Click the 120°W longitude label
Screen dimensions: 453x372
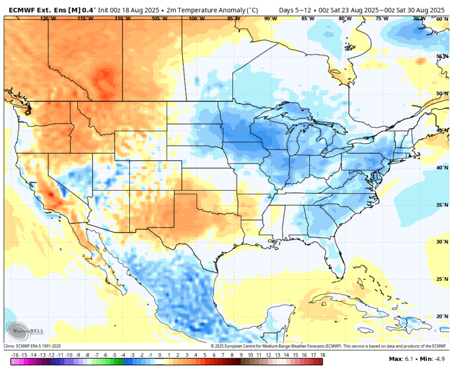[48, 18]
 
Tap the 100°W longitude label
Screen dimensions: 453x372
[197, 18]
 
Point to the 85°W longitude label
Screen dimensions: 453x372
[308, 18]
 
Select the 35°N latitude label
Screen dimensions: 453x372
[442, 205]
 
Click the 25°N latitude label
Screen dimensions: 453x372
[442, 279]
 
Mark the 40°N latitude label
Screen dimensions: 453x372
[442, 168]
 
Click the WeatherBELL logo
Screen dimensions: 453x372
[24, 331]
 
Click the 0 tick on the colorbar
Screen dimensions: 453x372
[160, 355]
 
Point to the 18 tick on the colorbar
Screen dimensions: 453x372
[323, 355]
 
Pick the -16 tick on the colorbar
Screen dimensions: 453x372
[15, 355]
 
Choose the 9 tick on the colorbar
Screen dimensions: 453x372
[241, 355]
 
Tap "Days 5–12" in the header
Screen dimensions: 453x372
[295, 10]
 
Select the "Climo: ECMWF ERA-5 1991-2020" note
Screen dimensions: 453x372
[32, 346]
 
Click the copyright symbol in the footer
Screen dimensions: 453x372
[212, 346]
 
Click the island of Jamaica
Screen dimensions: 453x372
[365, 330]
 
